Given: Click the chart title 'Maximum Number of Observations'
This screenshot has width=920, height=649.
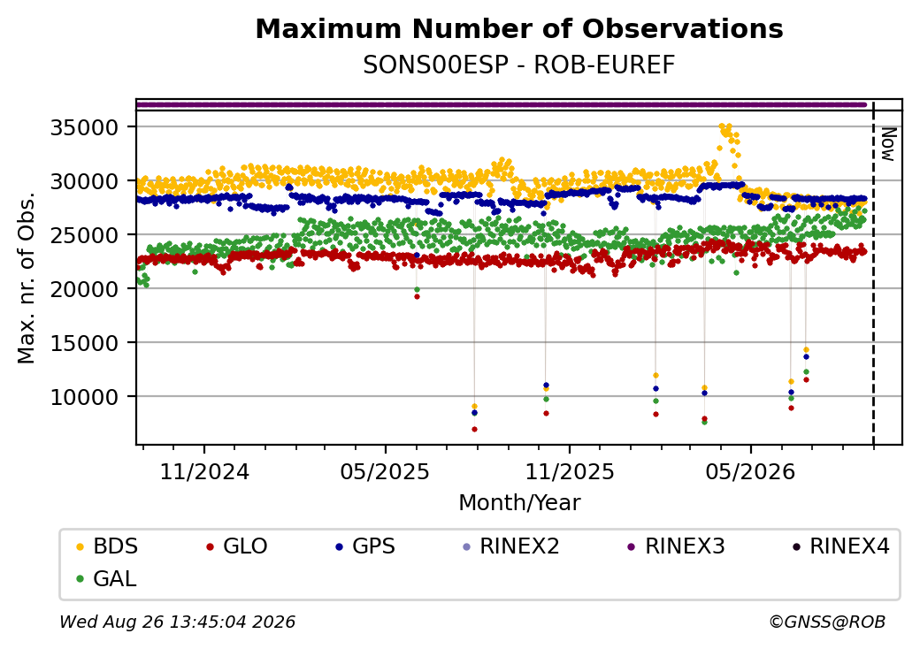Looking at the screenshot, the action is point(519,28).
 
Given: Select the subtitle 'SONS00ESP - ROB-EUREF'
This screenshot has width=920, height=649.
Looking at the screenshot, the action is point(518,65).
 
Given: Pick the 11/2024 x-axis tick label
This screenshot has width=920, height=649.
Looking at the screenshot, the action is point(204,471).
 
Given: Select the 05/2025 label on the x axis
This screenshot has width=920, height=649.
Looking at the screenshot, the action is point(385,471).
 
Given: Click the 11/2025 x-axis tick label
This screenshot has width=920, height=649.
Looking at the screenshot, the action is point(569,471).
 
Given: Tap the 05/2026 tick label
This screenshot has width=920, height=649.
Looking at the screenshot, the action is point(750,471).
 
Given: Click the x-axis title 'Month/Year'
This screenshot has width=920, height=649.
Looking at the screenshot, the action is point(519,502).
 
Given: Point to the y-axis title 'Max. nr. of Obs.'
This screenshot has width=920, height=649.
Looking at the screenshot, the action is point(26,277).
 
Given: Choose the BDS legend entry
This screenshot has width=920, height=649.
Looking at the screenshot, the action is point(107,546).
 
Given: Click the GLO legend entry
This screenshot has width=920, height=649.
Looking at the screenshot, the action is point(237,546).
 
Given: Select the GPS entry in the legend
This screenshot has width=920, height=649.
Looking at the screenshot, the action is point(365,546).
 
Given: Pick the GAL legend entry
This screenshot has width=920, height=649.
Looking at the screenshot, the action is point(107,578).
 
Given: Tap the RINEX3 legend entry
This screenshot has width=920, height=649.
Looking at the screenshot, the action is point(676,546).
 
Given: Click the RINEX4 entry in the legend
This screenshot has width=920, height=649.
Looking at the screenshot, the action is point(840,546).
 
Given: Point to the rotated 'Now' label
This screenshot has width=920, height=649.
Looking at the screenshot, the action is point(889,144).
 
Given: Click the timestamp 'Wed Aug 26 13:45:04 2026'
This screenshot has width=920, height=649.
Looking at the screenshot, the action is point(178,622).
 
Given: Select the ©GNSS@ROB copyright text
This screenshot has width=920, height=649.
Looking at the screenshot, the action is point(827,622).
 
